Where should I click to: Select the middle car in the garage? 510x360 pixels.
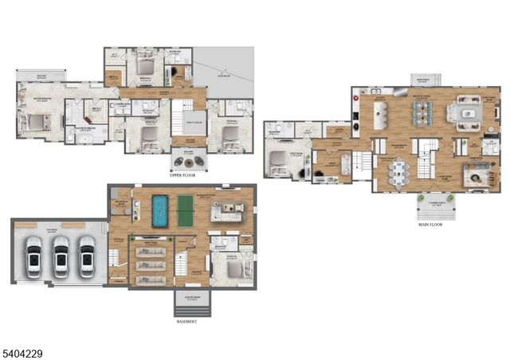[x=61, y=256]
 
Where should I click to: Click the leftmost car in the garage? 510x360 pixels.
[x=34, y=256]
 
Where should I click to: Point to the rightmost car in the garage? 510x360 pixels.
[x=87, y=256]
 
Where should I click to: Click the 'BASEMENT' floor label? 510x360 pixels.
[x=186, y=322]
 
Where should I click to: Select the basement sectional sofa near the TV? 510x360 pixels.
[x=228, y=212]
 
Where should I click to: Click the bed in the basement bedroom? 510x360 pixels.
[x=230, y=268]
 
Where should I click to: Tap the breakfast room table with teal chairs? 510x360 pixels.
[x=422, y=113]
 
